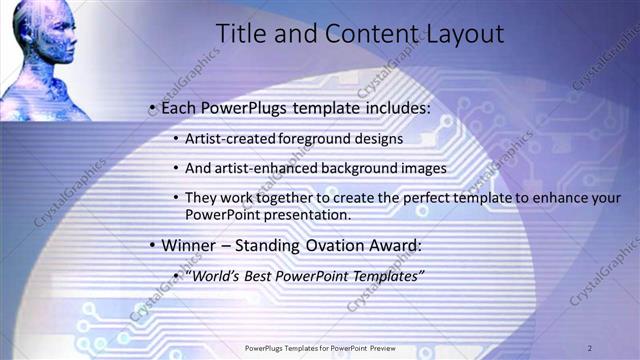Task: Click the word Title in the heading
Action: click(x=242, y=35)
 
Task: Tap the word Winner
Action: click(x=189, y=245)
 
